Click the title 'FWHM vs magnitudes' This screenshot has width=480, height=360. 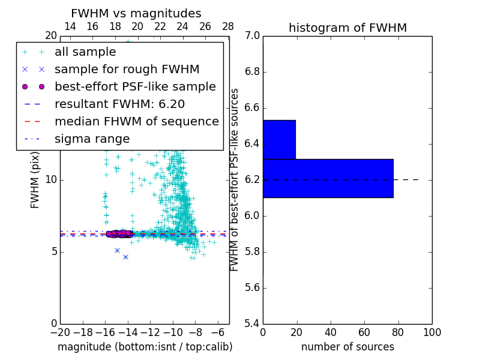pyautogui.click(x=136, y=13)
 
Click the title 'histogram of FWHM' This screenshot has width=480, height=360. pyautogui.click(x=347, y=28)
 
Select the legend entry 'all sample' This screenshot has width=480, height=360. pyautogui.click(x=85, y=52)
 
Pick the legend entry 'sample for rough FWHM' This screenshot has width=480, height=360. pyautogui.click(x=127, y=70)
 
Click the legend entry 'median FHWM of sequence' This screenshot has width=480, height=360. pyautogui.click(x=136, y=122)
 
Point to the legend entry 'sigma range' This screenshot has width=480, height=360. pyautogui.click(x=92, y=139)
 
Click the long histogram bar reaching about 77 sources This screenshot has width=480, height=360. pyautogui.click(x=328, y=178)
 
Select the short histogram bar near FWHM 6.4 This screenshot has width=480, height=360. pyautogui.click(x=279, y=140)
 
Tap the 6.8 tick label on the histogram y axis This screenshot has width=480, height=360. pyautogui.click(x=252, y=72)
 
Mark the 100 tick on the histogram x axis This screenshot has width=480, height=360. pyautogui.click(x=431, y=332)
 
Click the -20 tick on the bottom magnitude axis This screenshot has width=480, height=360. pyautogui.click(x=60, y=332)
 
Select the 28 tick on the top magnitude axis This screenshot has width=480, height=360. pyautogui.click(x=228, y=26)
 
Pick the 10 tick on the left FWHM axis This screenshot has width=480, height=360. pyautogui.click(x=51, y=180)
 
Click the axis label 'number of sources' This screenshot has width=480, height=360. pyautogui.click(x=347, y=347)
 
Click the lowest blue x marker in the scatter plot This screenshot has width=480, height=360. pyautogui.click(x=125, y=257)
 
